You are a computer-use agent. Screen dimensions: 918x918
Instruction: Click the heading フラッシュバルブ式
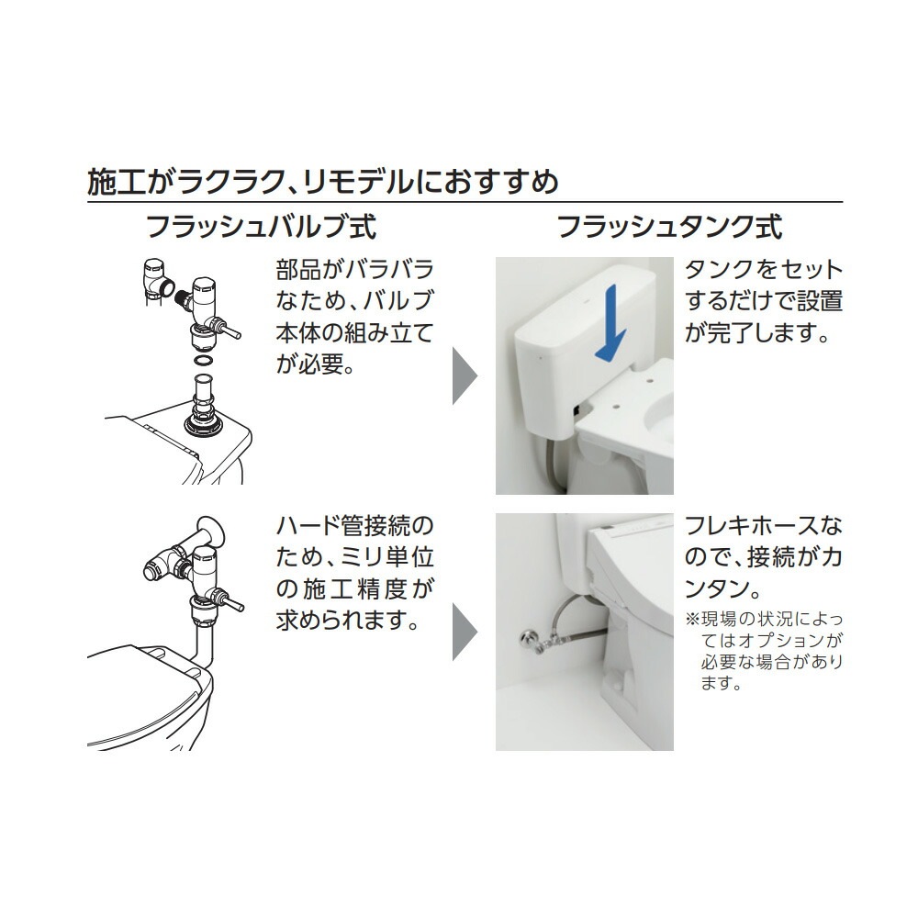click(261, 227)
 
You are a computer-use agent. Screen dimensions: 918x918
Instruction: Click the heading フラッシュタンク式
click(669, 227)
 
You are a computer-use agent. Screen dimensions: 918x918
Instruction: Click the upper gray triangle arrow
click(465, 375)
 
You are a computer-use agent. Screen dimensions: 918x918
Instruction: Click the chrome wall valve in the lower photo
click(531, 637)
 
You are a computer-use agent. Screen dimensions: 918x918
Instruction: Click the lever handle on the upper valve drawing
click(229, 327)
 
